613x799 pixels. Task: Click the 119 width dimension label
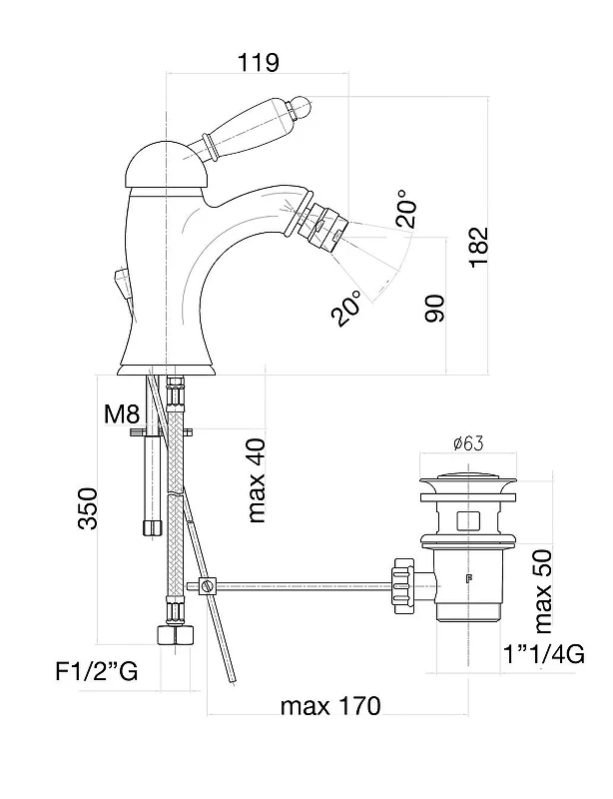click(259, 62)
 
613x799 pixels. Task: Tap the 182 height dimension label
click(478, 248)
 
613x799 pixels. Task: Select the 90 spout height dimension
click(434, 308)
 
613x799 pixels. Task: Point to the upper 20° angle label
click(406, 209)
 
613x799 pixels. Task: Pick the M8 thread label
click(121, 413)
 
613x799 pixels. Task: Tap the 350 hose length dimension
click(87, 508)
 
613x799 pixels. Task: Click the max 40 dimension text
click(258, 480)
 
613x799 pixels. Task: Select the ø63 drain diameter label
click(468, 443)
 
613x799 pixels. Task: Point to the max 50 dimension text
click(543, 591)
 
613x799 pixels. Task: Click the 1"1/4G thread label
click(544, 654)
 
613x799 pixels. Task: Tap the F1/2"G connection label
click(96, 671)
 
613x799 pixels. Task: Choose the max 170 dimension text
click(330, 706)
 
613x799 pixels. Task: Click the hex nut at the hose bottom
click(176, 635)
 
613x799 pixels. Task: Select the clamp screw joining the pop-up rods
click(207, 586)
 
